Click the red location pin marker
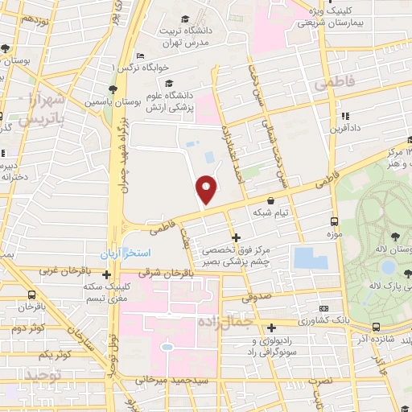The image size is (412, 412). coord(207,188)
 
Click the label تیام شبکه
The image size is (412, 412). coord(271,213)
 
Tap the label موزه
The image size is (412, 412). coord(334,233)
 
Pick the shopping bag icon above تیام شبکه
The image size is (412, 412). coord(271,200)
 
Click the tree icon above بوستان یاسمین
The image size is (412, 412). coord(115,89)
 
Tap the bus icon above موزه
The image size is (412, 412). coord(334,220)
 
